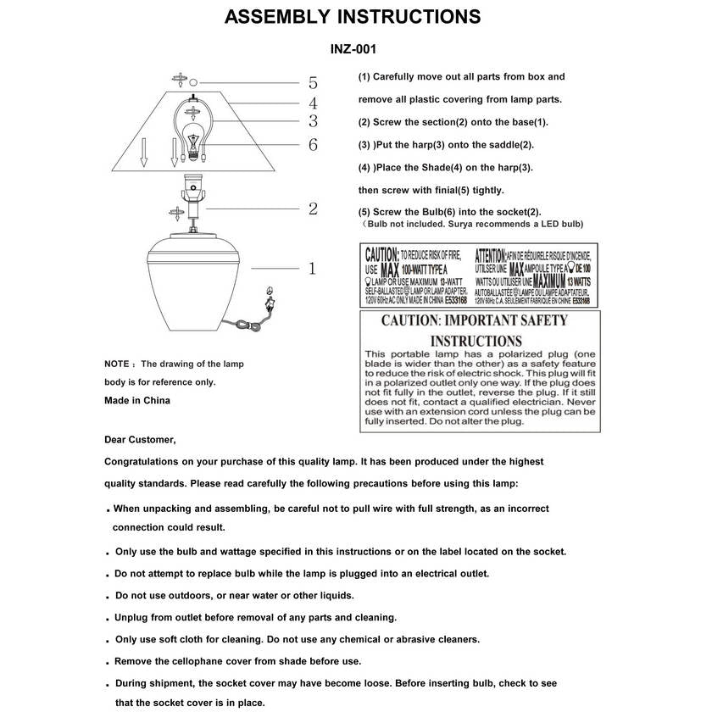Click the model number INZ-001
click(353, 50)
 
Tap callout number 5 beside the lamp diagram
click(313, 83)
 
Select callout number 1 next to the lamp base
click(312, 269)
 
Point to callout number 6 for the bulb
click(313, 145)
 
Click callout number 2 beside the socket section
click(313, 209)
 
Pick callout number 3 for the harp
click(313, 122)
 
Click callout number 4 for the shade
click(313, 103)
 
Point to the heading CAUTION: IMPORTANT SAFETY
click(474, 320)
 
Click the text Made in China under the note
click(137, 400)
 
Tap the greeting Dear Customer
click(140, 439)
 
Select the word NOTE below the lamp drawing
click(116, 364)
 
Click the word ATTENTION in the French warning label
click(491, 254)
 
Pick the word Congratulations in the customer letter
click(146, 462)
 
